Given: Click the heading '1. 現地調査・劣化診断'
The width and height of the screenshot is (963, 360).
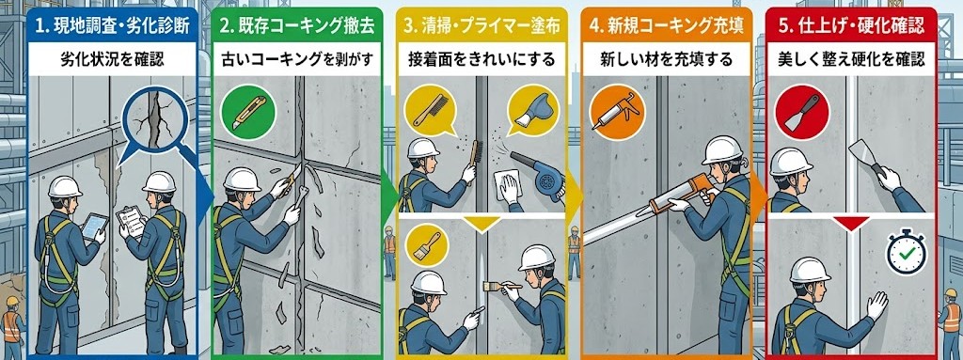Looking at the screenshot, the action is [x=113, y=25].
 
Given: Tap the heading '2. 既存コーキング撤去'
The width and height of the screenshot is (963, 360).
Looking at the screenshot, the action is [x=297, y=25].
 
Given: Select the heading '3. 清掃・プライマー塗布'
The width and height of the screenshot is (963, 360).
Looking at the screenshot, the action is [x=481, y=25].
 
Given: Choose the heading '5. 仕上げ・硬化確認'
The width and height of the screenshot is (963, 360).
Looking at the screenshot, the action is [x=851, y=25].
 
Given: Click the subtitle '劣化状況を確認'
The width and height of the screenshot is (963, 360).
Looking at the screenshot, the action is [x=113, y=60].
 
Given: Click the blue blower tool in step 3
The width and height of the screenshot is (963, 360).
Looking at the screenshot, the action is [x=539, y=175].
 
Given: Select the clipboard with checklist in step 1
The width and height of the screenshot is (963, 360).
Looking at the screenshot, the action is [x=131, y=222].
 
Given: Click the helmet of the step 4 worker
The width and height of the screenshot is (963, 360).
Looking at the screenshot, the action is [x=723, y=149].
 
